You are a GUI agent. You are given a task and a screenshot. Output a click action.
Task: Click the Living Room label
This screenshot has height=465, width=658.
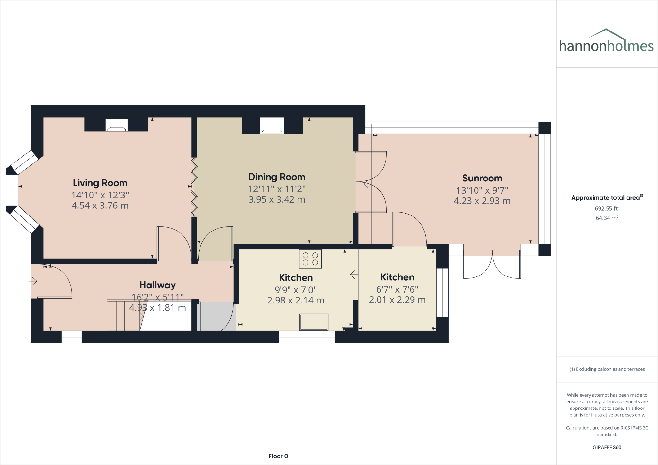100,183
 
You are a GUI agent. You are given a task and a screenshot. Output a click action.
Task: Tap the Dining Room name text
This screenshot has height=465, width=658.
277,177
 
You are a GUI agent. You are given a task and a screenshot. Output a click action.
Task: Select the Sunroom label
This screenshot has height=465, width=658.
482,178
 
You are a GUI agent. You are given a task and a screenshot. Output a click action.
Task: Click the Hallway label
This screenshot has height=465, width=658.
157,285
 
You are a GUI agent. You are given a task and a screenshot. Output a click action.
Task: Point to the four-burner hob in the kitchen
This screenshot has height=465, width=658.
310,259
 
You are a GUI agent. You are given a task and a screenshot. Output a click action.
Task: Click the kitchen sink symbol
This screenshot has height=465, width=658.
314,322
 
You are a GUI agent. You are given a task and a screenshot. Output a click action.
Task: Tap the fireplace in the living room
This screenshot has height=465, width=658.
116,125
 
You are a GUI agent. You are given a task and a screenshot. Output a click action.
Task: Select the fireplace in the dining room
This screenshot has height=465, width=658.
272,126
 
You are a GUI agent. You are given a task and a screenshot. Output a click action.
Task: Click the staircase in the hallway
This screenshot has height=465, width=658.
125,316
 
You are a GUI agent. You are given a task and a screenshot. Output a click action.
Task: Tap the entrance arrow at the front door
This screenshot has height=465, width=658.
33,281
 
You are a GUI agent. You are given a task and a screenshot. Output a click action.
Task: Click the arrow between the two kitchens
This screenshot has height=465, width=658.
354,275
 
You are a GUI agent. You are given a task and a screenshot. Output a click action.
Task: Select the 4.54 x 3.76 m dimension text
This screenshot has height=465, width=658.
100,206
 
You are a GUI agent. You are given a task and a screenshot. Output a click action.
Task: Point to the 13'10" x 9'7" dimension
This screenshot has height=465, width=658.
482,190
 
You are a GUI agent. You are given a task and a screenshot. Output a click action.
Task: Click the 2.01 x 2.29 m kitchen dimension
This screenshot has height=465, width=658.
397,300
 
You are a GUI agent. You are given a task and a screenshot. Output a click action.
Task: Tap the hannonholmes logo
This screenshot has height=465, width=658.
606,41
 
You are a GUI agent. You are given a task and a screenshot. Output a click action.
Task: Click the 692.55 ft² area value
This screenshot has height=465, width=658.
607,208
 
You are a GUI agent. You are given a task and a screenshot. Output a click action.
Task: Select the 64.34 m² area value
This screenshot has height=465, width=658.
607,218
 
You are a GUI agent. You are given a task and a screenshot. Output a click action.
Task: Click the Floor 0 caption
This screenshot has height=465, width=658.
278,456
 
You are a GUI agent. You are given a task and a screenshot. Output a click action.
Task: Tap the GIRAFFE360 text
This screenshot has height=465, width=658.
607,447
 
